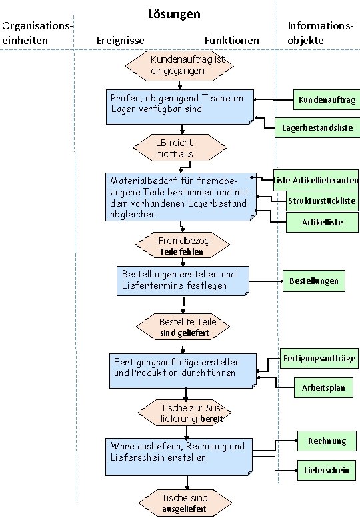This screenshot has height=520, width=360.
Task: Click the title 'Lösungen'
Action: [x=174, y=14]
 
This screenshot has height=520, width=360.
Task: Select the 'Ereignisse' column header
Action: [x=121, y=41]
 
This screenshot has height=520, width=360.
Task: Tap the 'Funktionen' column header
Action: [x=232, y=41]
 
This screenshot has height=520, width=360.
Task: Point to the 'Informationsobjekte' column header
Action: [x=320, y=33]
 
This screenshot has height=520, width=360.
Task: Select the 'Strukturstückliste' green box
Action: [x=321, y=201]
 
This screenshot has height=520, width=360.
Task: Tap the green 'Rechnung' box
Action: [x=327, y=441]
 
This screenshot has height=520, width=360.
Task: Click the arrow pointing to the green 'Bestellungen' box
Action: [x=267, y=281]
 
